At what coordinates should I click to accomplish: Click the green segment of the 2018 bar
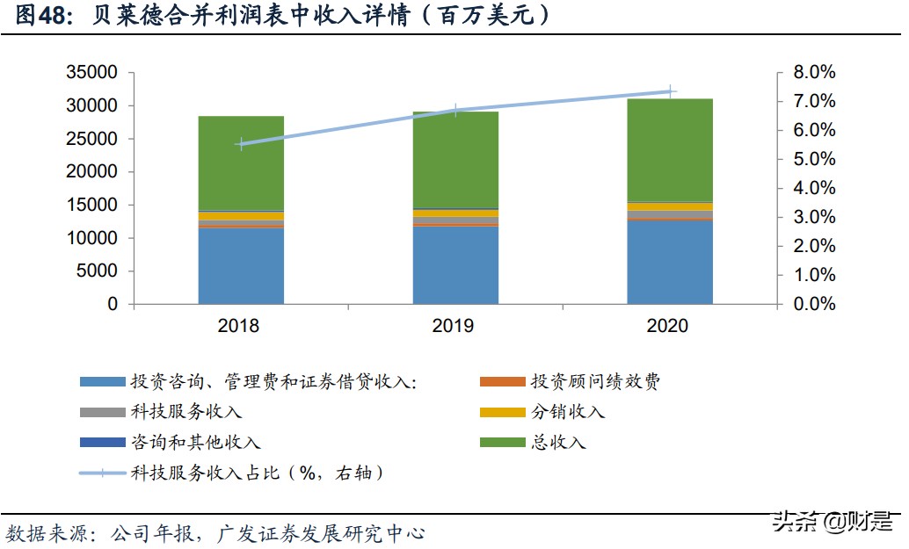pyautogui.click(x=241, y=163)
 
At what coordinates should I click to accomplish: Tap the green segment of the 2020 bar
pyautogui.click(x=670, y=149)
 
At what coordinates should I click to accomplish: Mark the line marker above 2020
pyautogui.click(x=670, y=90)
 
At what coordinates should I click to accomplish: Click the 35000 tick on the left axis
pyautogui.click(x=92, y=72)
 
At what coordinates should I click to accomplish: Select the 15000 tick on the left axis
pyautogui.click(x=92, y=205)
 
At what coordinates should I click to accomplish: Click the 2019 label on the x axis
pyautogui.click(x=454, y=327)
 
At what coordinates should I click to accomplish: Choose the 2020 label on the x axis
pyautogui.click(x=668, y=327)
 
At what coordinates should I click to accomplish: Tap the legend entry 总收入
pyautogui.click(x=558, y=442)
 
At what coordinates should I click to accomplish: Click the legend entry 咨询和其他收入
pyautogui.click(x=195, y=442)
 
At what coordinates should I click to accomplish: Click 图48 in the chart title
pyautogui.click(x=41, y=16)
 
